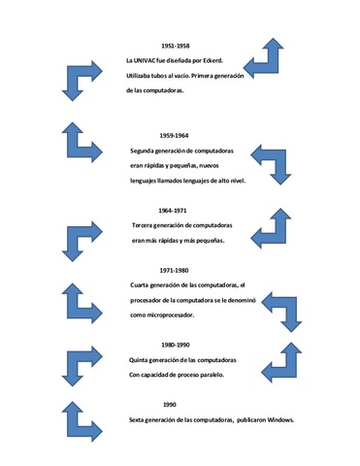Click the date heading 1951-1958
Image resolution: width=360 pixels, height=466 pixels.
tap(176, 46)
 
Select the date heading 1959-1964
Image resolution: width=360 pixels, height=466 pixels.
tap(174, 136)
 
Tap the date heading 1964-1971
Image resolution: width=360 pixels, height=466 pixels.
tap(173, 211)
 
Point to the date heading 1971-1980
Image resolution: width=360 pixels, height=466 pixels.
tap(174, 271)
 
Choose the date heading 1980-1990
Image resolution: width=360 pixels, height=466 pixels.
tap(176, 345)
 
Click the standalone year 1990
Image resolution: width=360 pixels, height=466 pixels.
tap(170, 405)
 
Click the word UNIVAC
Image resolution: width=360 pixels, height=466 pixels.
tap(144, 60)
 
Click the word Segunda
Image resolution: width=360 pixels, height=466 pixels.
tap(142, 150)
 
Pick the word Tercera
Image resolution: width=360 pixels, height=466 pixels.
tap(142, 225)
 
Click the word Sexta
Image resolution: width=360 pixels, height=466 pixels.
tap(136, 420)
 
